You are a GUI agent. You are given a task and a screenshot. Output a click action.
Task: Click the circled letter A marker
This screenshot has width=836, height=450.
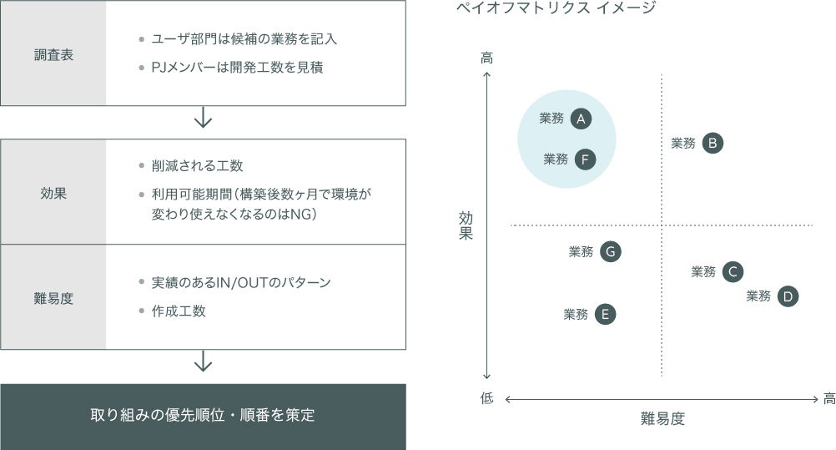(x=581, y=119)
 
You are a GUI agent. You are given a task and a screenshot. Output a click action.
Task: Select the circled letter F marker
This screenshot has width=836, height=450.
(x=585, y=159)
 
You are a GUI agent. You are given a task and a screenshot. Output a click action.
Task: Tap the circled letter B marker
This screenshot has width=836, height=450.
(x=713, y=143)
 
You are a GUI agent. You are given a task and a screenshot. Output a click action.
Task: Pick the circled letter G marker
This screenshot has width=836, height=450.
(x=611, y=251)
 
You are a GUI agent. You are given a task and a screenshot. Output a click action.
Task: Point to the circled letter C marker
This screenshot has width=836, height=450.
(x=733, y=271)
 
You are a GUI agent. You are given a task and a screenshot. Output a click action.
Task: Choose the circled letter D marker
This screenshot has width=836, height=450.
(x=788, y=296)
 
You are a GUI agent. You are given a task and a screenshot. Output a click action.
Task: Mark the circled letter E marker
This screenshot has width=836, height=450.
(x=605, y=314)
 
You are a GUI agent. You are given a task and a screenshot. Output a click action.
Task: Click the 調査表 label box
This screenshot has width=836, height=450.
(x=53, y=53)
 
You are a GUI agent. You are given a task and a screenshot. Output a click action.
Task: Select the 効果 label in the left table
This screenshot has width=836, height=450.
(x=53, y=193)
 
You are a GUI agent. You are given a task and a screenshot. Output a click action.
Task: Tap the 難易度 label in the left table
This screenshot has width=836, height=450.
(x=53, y=298)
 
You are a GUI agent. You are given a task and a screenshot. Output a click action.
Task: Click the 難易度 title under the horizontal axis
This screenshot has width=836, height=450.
(x=662, y=418)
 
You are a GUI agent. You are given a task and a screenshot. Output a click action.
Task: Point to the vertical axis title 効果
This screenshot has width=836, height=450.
(x=466, y=225)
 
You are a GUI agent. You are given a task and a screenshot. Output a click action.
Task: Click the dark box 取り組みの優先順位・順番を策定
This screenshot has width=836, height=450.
(x=203, y=417)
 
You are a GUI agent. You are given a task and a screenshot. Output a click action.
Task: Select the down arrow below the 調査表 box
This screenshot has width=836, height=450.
(x=203, y=117)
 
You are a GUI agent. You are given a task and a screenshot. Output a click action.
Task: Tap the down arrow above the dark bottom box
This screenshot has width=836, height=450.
(x=203, y=361)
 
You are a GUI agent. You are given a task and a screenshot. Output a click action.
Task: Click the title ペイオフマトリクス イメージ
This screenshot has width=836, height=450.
(x=556, y=8)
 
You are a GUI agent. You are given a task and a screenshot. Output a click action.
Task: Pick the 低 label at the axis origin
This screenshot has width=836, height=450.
(x=486, y=398)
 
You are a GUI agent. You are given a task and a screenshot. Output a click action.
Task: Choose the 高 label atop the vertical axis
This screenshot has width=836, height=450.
(x=486, y=58)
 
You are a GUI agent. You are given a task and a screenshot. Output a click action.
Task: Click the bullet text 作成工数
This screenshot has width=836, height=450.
(x=179, y=311)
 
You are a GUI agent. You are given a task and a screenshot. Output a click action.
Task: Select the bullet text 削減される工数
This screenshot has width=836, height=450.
(x=197, y=165)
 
